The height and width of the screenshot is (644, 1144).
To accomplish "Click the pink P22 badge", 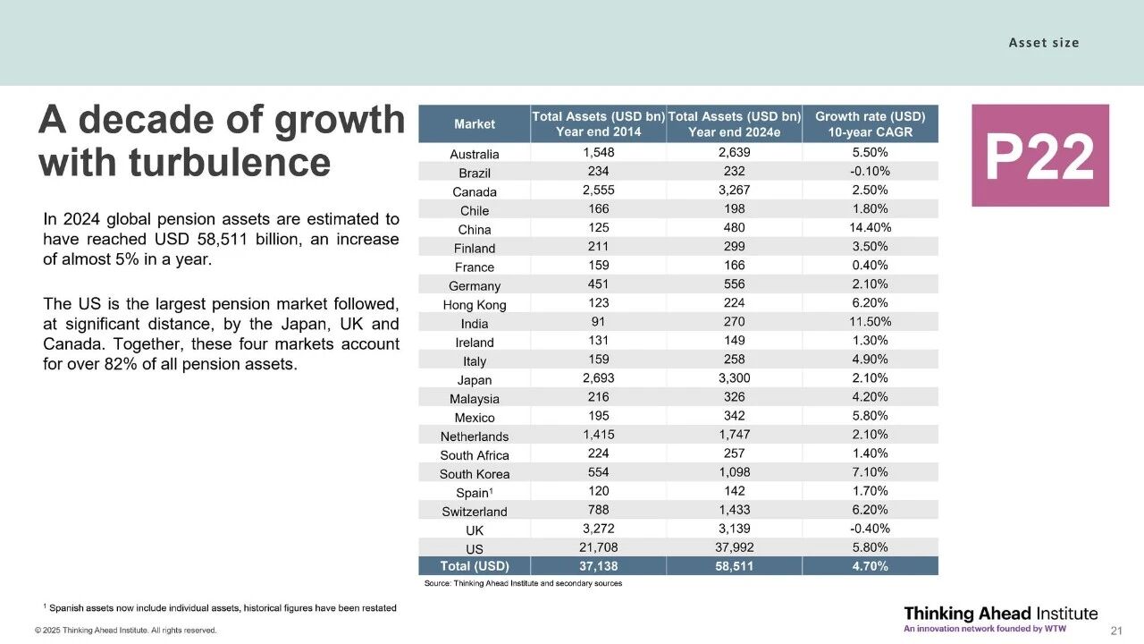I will pos(1039,156).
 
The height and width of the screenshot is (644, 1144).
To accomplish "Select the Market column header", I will pos(474,123).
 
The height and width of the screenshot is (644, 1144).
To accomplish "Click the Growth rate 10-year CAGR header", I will pos(870,123).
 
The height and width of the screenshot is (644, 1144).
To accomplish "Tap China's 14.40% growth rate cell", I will pos(870,228).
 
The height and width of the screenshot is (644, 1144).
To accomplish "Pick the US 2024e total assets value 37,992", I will pos(733,547).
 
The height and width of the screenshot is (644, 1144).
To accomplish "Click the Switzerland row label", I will pos(474,512).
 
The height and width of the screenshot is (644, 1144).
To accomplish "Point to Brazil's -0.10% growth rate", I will pos(870,172).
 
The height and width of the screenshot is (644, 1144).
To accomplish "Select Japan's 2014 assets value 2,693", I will pos(598,378).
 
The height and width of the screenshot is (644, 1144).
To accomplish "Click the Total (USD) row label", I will pos(474,566).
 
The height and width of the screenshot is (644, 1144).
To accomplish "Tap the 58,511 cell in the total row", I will pos(733,566).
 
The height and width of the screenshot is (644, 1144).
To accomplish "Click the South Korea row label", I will pos(474,474).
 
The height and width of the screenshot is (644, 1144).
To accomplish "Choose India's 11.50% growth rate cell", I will pos(870,322).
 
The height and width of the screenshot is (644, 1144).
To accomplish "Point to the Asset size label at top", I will pos(1043,42).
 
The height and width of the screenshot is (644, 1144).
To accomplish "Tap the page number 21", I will pos(1115,631).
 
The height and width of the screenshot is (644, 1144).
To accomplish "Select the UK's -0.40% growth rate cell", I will pos(870,529).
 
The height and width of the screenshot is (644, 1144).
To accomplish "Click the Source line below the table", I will pos(523,583).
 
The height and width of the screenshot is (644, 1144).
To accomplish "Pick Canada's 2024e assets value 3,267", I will pos(733,191).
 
